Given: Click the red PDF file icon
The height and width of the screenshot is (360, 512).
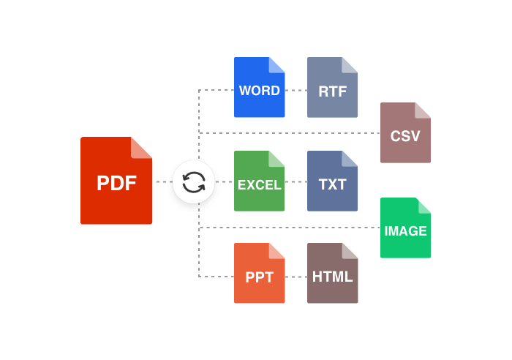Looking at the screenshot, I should (116, 181).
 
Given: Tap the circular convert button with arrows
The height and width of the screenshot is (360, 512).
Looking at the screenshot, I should (194, 181).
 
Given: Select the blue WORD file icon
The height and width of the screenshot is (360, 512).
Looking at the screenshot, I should (259, 88).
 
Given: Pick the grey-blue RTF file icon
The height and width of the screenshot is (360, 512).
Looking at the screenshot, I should (332, 88).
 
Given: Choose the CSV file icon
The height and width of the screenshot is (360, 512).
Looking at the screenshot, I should (405, 133).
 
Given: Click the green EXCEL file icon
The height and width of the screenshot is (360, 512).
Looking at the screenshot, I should (259, 181).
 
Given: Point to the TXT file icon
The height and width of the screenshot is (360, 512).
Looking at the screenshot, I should (332, 181).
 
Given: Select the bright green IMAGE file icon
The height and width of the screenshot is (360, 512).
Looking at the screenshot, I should (405, 228).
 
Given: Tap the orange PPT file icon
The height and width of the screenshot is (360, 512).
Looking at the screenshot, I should (259, 274).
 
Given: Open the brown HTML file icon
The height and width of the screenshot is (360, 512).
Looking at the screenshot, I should (332, 274).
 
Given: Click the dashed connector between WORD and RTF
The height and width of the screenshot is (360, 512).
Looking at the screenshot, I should (296, 91).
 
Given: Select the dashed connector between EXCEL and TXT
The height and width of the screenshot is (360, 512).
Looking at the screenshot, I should (296, 181).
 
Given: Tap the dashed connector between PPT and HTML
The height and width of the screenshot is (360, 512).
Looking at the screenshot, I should (296, 277).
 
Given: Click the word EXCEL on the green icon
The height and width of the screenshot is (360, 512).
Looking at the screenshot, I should (259, 185).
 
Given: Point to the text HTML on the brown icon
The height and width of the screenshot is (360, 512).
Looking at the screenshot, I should (332, 277).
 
